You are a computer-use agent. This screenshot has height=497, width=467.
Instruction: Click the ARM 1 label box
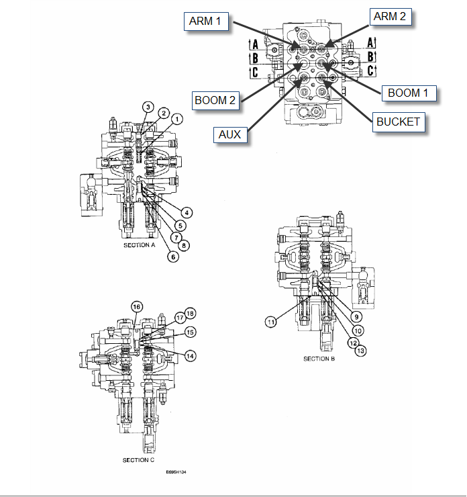(x=205, y=22)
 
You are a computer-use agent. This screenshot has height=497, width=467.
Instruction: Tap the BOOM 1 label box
(x=409, y=93)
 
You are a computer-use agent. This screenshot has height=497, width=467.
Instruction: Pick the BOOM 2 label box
(x=215, y=101)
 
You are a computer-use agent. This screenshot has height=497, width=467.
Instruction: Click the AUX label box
(x=229, y=134)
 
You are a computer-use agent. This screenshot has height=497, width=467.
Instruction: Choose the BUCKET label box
(x=398, y=122)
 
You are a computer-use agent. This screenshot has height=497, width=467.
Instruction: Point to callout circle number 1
(x=176, y=119)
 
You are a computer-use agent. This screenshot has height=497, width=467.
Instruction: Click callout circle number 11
(x=270, y=322)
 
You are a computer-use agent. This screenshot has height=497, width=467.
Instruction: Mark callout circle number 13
(x=361, y=350)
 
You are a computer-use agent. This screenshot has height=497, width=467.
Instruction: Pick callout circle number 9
(x=357, y=316)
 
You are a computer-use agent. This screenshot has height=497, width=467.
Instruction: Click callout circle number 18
(x=190, y=313)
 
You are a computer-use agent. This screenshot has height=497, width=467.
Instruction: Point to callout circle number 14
(x=191, y=355)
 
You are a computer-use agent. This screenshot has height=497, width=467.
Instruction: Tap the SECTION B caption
(x=319, y=359)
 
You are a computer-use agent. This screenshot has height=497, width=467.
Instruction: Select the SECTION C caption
(x=138, y=460)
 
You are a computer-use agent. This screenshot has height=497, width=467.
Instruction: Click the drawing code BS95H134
(x=176, y=472)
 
